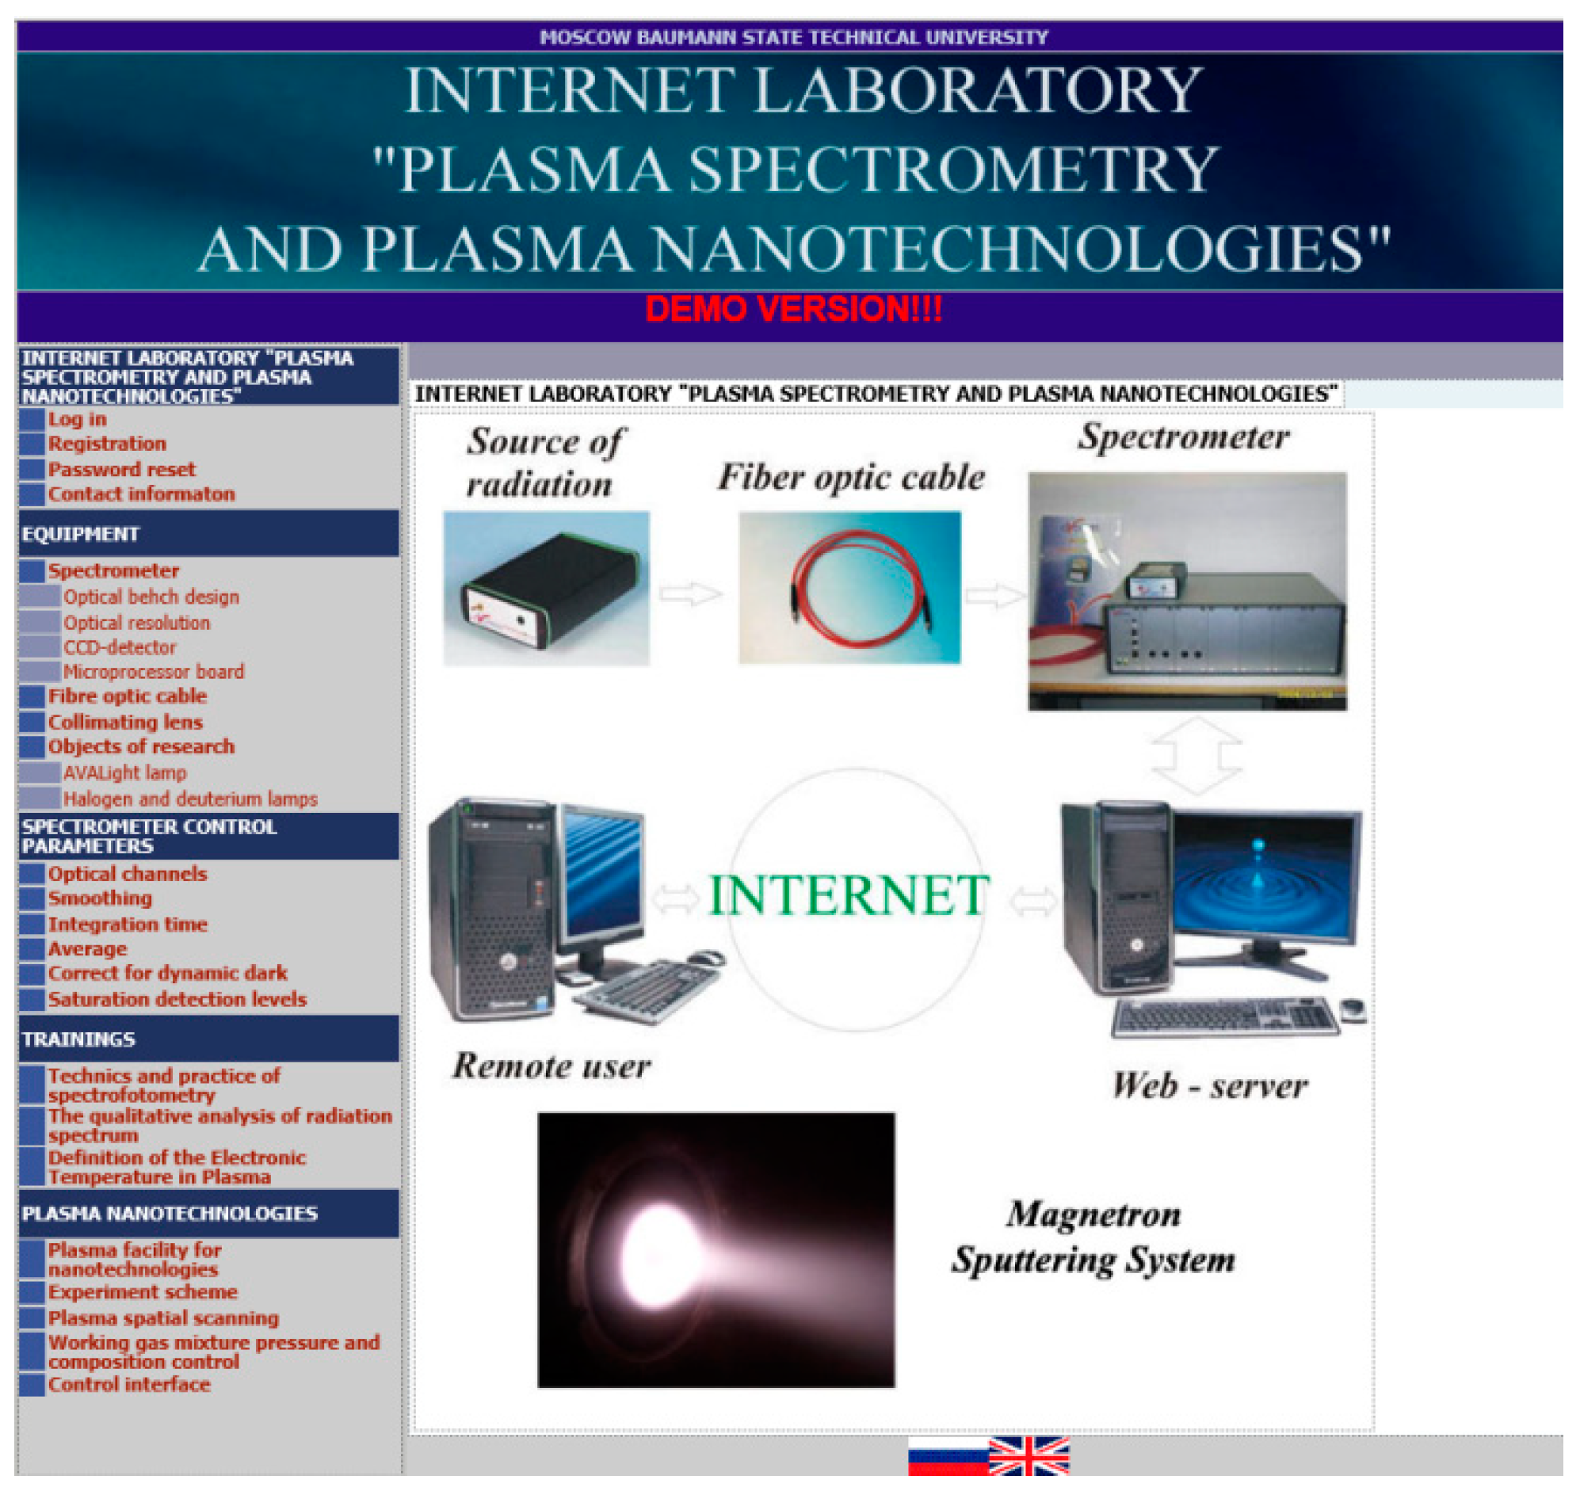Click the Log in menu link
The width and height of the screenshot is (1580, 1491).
coord(77,423)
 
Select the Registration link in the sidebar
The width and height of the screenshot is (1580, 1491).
coord(107,448)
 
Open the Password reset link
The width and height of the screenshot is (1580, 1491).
coord(121,474)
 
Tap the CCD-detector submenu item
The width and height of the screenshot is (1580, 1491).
coord(120,654)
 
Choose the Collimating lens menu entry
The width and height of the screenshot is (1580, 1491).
coord(125,729)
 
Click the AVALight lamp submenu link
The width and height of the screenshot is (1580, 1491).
coord(125,780)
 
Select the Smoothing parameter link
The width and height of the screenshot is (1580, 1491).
coord(100,907)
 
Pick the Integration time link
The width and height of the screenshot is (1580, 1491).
coord(128,933)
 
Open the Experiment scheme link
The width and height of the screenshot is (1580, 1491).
coord(144,1304)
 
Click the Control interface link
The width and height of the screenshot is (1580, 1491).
coord(130,1398)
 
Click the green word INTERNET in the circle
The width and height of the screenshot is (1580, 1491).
coord(857,904)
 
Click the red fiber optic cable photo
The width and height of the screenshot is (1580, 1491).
coord(858,593)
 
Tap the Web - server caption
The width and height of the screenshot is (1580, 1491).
coord(1222,1096)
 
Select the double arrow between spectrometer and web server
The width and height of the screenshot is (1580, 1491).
coord(1209,763)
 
